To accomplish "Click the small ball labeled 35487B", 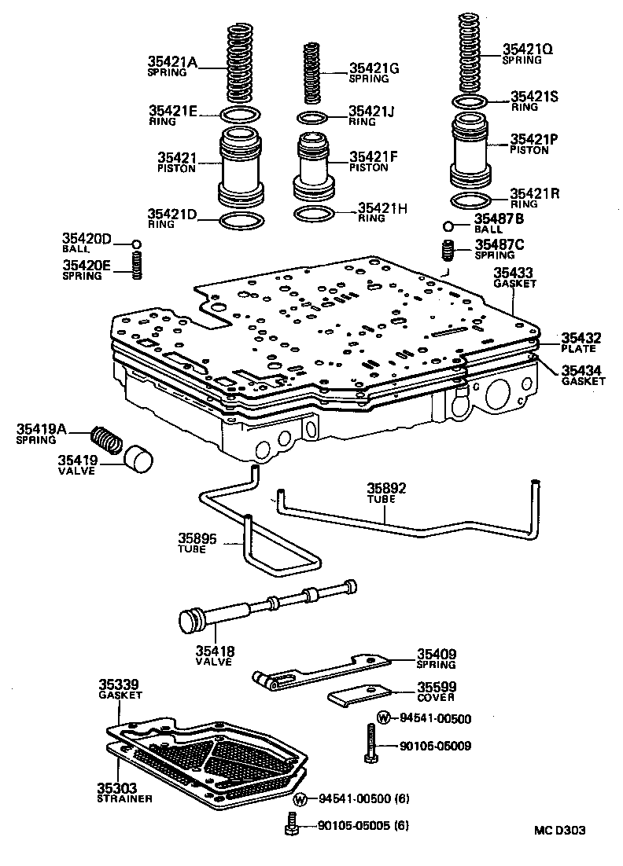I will point(448,226).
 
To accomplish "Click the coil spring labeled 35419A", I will point(105,439).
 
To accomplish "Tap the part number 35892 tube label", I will point(388,487).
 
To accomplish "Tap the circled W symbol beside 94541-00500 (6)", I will point(300,800).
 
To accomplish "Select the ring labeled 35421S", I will point(470,102).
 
